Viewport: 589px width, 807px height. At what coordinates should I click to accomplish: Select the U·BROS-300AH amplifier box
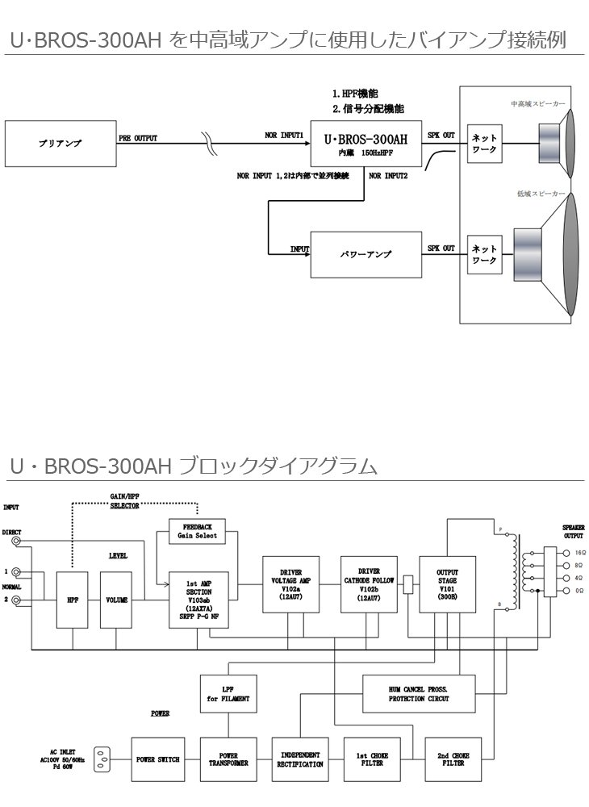(x=366, y=143)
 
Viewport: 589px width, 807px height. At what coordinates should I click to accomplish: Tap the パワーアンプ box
(x=366, y=254)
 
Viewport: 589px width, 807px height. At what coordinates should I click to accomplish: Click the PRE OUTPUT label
(x=138, y=138)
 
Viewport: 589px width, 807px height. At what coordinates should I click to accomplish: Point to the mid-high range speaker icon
(x=557, y=142)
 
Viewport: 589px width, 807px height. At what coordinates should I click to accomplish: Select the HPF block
(x=72, y=600)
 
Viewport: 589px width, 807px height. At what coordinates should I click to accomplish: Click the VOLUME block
(x=116, y=600)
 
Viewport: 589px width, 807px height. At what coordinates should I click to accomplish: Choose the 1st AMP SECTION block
(x=198, y=600)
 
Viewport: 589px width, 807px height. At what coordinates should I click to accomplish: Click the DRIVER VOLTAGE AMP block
(x=290, y=584)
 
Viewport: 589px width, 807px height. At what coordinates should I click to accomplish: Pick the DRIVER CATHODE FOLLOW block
(x=369, y=584)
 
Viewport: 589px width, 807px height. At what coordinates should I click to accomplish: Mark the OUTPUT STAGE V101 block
(x=447, y=584)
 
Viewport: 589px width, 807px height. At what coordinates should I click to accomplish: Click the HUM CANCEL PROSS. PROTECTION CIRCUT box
(x=419, y=694)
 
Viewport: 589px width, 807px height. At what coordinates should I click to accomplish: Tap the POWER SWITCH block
(x=157, y=759)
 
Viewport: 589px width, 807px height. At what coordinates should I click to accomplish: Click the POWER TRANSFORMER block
(x=228, y=759)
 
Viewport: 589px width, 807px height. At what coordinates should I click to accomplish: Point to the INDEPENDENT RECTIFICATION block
(x=300, y=759)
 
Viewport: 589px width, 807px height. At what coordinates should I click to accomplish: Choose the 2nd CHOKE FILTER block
(x=453, y=759)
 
